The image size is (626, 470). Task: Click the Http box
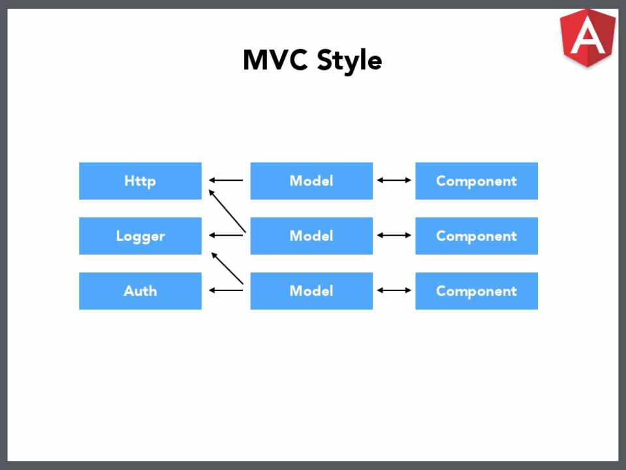140,181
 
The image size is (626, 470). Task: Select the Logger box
140,236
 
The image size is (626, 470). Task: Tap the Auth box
140,291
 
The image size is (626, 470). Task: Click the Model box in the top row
311,181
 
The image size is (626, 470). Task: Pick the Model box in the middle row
311,236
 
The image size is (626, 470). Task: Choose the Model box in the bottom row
311,291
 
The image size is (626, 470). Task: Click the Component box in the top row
477,181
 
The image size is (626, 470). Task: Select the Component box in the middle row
477,236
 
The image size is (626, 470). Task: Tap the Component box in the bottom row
477,291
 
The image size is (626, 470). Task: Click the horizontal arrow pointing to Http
226,180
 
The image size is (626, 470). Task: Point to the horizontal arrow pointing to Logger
226,235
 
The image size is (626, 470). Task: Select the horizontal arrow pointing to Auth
226,290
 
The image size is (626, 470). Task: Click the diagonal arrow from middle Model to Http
227,211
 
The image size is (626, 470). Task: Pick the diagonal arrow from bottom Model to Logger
227,268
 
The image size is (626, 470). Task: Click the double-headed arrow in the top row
394,180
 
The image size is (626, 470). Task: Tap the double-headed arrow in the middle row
394,235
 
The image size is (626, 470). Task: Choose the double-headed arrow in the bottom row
394,290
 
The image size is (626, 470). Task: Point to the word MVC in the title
275,60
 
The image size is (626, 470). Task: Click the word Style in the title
350,61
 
